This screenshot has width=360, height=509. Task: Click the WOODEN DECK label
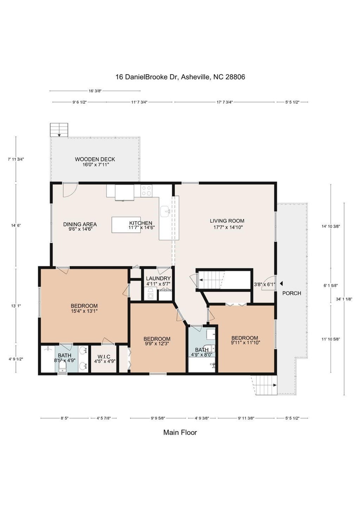click(x=95, y=159)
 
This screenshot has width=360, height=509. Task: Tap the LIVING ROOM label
click(x=227, y=221)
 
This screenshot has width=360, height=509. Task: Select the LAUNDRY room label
click(x=158, y=279)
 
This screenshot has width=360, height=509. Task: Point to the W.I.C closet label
click(x=104, y=357)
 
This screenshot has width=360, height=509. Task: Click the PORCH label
click(x=292, y=293)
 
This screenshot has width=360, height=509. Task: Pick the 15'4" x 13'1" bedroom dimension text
click(x=84, y=311)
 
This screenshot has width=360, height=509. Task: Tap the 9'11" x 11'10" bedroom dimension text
click(x=245, y=343)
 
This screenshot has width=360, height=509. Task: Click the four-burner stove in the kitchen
click(x=146, y=191)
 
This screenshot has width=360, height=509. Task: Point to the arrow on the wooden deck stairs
click(x=59, y=135)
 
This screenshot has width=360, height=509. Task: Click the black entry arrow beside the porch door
click(x=281, y=284)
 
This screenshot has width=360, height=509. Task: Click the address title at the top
click(x=180, y=77)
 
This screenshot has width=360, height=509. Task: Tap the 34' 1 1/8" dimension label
click(x=344, y=299)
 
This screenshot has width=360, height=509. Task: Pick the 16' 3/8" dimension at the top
click(x=95, y=91)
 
